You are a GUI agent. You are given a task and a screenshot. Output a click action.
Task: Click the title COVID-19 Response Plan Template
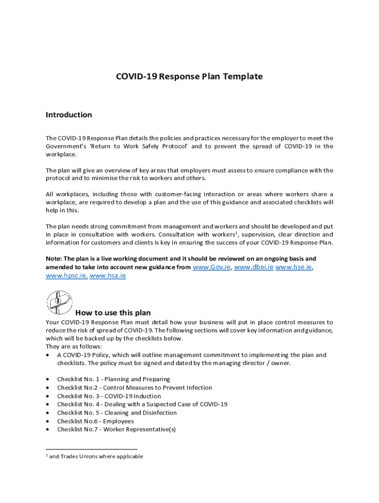coord(189,77)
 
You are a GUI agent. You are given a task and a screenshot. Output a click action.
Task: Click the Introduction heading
coord(68,115)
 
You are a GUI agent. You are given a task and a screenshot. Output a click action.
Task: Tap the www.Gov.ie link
coord(212,267)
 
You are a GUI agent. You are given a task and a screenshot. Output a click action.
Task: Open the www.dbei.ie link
coord(253,267)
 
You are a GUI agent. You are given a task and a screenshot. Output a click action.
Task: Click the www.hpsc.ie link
coord(66,276)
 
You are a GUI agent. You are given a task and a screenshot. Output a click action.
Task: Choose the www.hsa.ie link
coord(108,276)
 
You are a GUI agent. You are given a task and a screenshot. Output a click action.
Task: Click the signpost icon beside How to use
coord(59,302)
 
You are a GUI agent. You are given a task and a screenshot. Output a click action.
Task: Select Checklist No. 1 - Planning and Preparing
coord(113,379)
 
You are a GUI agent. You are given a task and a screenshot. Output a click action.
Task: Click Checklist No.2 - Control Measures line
coord(134,388)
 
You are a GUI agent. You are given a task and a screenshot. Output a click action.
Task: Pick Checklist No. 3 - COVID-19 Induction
coord(109,396)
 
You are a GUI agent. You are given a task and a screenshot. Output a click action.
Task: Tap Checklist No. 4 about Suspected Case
coord(142,404)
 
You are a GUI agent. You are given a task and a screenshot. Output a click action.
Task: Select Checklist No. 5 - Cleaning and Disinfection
coord(117,413)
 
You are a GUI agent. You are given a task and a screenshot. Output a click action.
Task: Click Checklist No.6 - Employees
coord(95,421)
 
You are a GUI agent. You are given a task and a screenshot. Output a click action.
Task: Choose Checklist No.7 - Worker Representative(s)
coord(116,429)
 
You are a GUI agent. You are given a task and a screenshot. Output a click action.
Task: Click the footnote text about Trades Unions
coord(96,456)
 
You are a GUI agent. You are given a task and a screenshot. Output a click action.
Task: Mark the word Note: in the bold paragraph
coord(54,258)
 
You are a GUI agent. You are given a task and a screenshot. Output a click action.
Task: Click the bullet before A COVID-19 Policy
coord(47,355)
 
